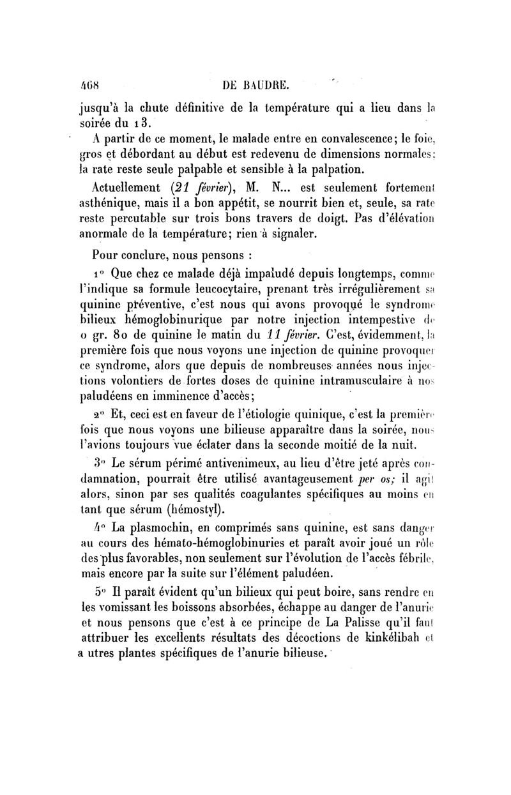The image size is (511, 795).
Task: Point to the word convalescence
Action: (x=334, y=137)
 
